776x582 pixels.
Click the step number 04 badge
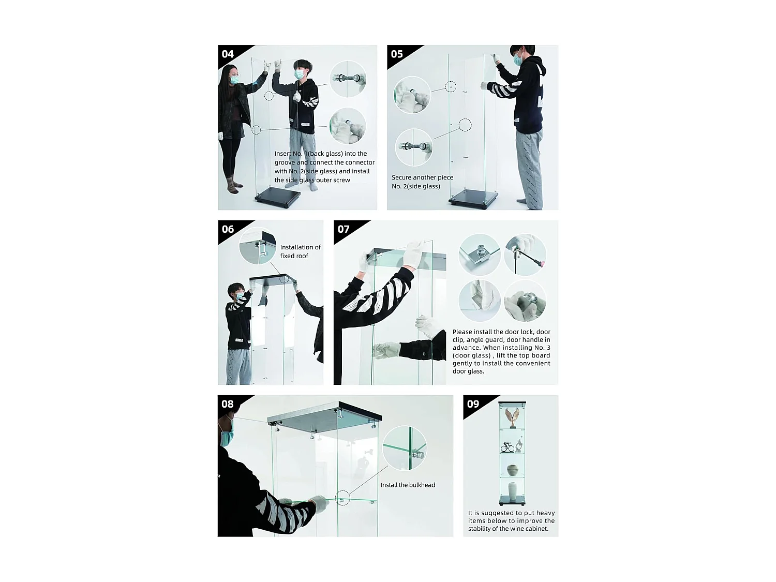coord(228,54)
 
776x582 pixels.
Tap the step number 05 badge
coord(397,54)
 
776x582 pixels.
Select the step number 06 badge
coord(228,229)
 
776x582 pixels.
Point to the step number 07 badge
coord(344,229)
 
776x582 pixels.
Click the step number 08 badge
coord(228,404)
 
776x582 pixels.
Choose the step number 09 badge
coord(473,404)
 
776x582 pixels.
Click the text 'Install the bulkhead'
coord(408,485)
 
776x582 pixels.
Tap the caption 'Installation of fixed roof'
coord(300,251)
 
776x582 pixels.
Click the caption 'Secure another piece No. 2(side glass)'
coord(422,182)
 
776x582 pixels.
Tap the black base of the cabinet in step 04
coord(278,197)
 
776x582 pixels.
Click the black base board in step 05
coord(473,199)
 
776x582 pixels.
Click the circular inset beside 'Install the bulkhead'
coord(405,448)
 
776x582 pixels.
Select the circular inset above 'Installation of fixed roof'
coord(258,246)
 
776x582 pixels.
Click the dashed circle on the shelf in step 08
coord(342,498)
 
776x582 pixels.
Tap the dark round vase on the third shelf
coord(512,470)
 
